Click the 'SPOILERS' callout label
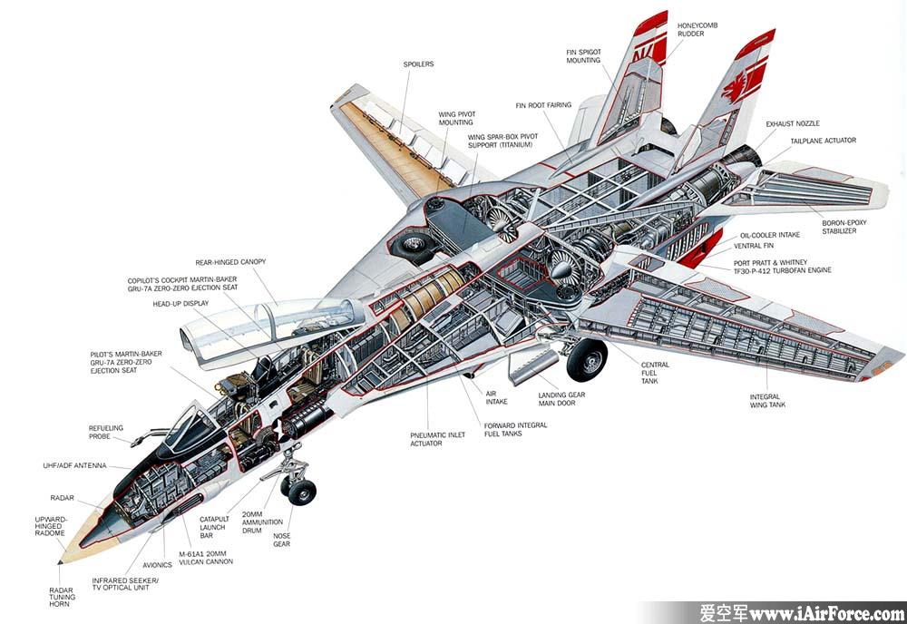(x=418, y=64)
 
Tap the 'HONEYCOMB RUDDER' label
(x=697, y=30)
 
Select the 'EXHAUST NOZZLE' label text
(x=793, y=123)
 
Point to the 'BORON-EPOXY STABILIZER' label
(x=844, y=227)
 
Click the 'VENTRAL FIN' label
(x=754, y=246)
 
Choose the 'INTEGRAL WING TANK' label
(x=767, y=401)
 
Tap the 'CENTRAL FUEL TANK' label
(x=655, y=373)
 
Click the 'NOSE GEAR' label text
(x=282, y=541)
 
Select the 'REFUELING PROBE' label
(x=106, y=432)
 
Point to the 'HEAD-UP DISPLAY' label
(x=180, y=304)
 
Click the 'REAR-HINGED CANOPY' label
(x=230, y=262)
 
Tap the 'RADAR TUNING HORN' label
(x=62, y=597)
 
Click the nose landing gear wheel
(x=302, y=492)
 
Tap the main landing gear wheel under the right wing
(x=587, y=360)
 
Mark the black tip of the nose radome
(x=60, y=561)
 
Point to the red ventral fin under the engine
(x=702, y=249)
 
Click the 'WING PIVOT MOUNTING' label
(x=456, y=119)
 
